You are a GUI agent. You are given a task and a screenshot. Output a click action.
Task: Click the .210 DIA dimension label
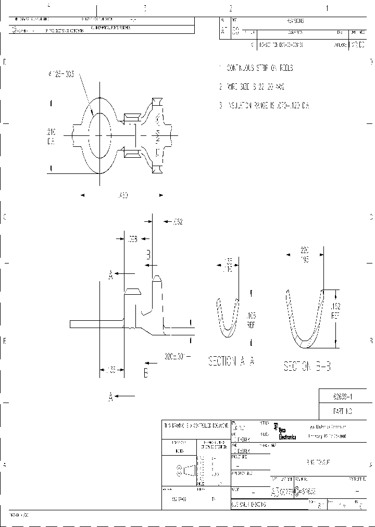51,136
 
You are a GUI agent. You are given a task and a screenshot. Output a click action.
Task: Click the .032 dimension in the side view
177,222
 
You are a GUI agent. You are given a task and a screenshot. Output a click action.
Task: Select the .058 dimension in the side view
131,239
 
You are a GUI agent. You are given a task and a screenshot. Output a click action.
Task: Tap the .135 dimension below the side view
110,370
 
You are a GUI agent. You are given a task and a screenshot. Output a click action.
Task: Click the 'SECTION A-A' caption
231,361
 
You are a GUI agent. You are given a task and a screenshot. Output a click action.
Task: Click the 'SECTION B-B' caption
307,367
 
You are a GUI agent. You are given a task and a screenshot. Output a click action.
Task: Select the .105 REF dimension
251,319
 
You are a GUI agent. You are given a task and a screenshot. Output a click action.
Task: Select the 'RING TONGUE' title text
319,462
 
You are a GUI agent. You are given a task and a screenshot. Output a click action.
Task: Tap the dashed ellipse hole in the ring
100,136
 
